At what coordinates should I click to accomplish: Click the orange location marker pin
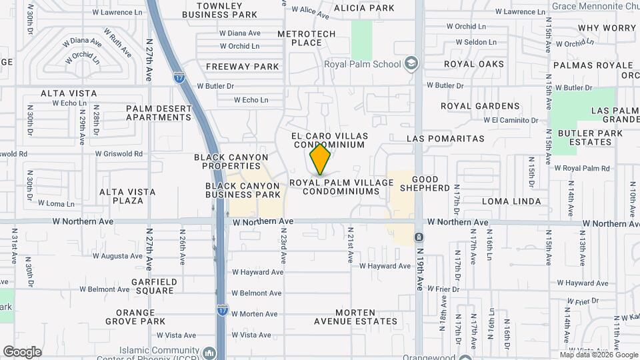tap(321, 160)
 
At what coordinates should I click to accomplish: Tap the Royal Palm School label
tap(362, 65)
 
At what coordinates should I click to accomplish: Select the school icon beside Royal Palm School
tap(411, 64)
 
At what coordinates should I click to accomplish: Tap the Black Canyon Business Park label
tap(243, 190)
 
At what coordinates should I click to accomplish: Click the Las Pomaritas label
tap(445, 139)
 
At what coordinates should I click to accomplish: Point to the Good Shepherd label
tap(431, 184)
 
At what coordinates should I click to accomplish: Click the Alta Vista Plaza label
tap(127, 196)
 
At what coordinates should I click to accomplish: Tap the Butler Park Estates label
tap(590, 138)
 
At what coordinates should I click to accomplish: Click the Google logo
tap(22, 352)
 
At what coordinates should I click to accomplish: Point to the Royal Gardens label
tap(480, 106)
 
